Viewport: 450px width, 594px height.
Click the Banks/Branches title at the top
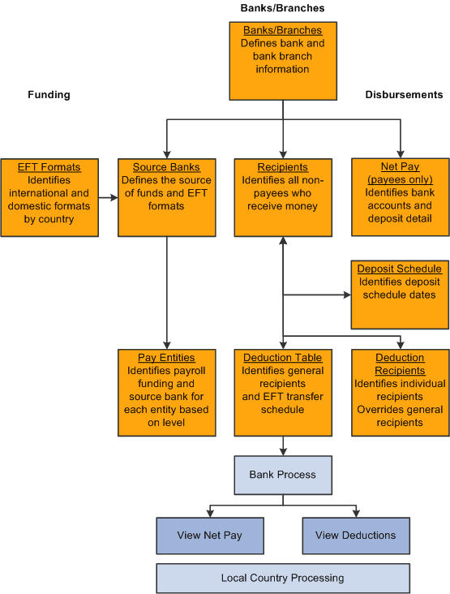point(282,8)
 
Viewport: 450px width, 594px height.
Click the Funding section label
point(49,95)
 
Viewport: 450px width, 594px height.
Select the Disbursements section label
point(404,95)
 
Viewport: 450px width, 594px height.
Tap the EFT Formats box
point(49,197)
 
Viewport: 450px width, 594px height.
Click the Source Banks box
point(166,197)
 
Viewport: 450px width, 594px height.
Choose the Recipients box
point(283,197)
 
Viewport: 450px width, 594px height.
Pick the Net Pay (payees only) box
point(400,197)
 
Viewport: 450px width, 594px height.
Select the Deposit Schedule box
point(400,295)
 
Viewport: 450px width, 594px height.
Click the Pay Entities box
point(166,393)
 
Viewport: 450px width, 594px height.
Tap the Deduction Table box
point(283,393)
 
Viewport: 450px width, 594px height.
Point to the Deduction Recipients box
point(400,393)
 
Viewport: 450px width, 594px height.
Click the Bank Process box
point(283,475)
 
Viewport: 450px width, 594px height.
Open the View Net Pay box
point(210,536)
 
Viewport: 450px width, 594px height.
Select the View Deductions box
point(356,536)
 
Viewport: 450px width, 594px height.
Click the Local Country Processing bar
point(283,579)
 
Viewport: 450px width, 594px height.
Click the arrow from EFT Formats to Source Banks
point(108,197)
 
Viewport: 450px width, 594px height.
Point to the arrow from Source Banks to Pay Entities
point(166,292)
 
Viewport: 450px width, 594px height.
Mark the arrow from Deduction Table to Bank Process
point(283,445)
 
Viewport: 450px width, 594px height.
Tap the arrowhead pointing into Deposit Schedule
point(347,295)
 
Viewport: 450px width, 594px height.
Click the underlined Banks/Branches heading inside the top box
point(283,30)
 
